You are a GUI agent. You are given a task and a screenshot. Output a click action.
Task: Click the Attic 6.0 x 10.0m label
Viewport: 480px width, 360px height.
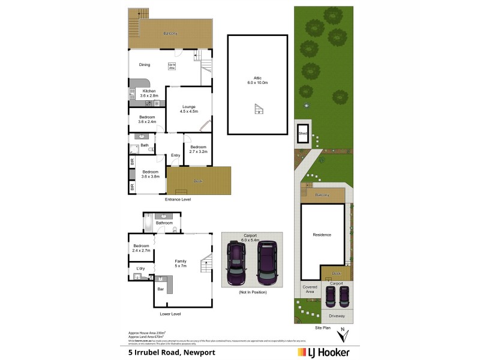click(257, 80)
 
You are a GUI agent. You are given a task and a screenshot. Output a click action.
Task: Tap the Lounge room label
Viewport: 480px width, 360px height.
click(189, 109)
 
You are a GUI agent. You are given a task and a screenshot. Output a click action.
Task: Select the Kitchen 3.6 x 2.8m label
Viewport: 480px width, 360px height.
click(149, 93)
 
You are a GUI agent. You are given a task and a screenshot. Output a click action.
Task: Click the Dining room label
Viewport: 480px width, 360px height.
click(145, 65)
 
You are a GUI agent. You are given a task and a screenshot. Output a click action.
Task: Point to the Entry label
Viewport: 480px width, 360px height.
click(175, 155)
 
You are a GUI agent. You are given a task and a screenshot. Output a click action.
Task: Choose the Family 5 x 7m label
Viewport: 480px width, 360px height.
click(181, 263)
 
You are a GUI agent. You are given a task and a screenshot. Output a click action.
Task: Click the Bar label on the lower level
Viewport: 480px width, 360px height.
click(160, 290)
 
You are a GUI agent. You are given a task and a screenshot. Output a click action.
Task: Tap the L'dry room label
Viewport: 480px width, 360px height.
click(140, 268)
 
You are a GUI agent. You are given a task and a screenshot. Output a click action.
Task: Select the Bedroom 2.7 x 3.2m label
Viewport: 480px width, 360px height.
click(198, 149)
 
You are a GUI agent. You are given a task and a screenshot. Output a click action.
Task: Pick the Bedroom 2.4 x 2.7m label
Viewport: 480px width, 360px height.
click(142, 248)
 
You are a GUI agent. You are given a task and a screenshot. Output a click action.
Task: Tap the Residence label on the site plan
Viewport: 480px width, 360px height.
click(322, 235)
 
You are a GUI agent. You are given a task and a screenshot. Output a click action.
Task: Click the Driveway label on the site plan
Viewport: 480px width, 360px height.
click(337, 315)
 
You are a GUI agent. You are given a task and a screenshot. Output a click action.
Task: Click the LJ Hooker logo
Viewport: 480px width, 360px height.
click(324, 352)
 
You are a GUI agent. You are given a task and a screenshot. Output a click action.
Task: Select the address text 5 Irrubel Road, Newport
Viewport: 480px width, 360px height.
click(171, 352)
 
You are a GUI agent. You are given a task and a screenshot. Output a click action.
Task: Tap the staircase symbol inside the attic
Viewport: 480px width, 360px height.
click(259, 109)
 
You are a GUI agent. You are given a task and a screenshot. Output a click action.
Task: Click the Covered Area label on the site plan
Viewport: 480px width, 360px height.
click(310, 290)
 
